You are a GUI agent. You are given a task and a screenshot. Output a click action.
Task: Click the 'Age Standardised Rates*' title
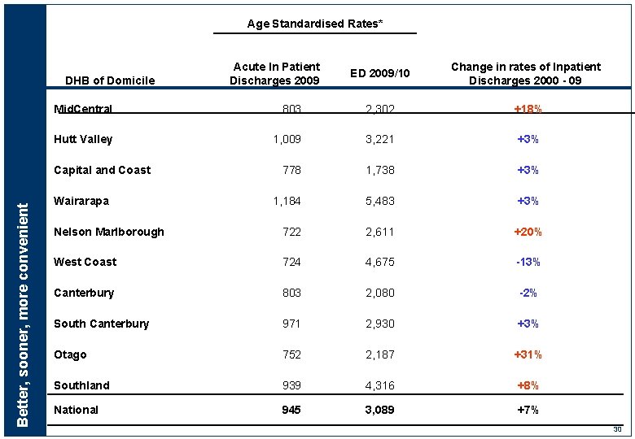coord(314,24)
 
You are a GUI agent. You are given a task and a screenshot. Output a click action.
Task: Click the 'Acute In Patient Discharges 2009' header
coord(276,73)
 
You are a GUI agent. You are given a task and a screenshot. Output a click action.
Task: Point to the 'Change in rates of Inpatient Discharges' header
coord(526,73)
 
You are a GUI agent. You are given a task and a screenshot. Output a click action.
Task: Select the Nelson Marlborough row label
coord(108,232)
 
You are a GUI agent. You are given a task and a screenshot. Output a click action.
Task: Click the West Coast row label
coord(85,262)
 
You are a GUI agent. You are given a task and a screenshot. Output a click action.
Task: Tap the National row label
coord(76,410)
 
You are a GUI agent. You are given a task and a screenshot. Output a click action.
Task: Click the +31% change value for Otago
coord(528,354)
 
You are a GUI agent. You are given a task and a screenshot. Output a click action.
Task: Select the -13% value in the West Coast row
coord(528,262)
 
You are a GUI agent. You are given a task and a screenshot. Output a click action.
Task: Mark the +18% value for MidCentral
coord(528,109)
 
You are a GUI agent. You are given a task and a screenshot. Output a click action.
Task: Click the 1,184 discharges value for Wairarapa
coord(286,201)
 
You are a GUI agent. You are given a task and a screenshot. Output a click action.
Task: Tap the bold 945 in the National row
coord(291,410)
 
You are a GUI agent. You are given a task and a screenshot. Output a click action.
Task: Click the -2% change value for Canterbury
coord(528,293)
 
